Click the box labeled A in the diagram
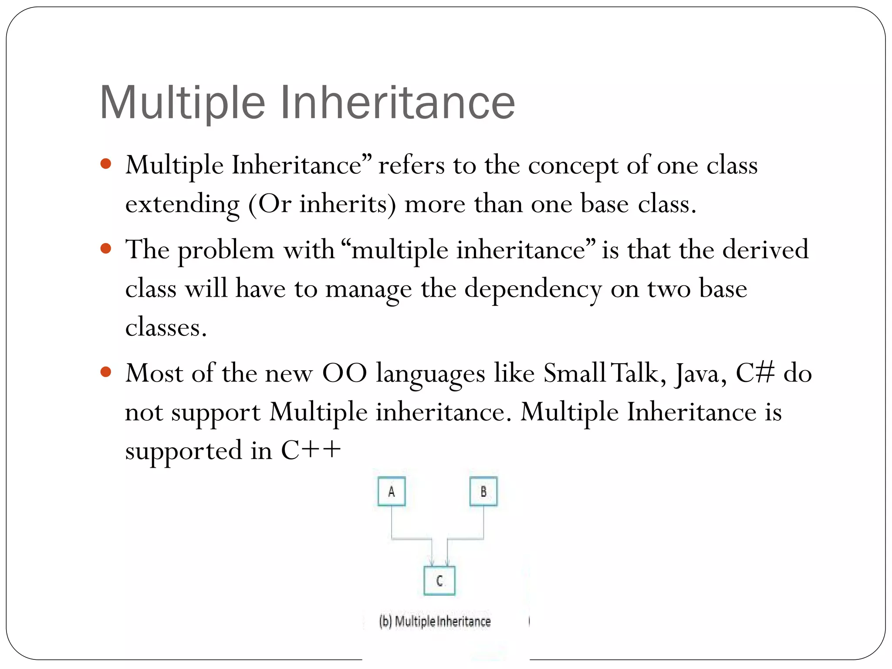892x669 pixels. [x=392, y=491]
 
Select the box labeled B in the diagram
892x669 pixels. [x=483, y=491]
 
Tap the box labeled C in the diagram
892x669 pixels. [x=439, y=581]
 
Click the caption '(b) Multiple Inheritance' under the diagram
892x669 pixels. [x=435, y=621]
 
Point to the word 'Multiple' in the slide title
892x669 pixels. [x=182, y=102]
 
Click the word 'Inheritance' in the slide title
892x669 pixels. [x=398, y=102]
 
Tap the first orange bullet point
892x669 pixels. [x=106, y=164]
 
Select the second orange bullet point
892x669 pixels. [x=106, y=249]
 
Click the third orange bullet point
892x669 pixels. [x=106, y=372]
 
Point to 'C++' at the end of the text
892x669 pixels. [x=311, y=450]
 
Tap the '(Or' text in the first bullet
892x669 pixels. [x=270, y=205]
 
